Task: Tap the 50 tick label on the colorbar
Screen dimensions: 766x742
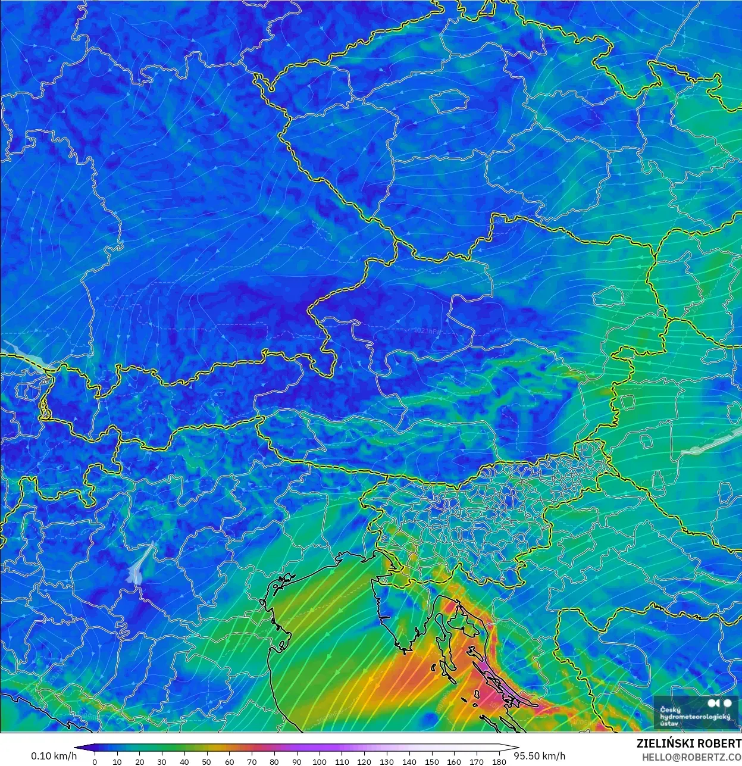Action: pyautogui.click(x=206, y=762)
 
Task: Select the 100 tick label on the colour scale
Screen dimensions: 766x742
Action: pyautogui.click(x=319, y=762)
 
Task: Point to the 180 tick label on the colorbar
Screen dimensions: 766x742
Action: pyautogui.click(x=499, y=762)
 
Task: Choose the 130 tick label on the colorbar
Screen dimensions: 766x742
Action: pyautogui.click(x=387, y=762)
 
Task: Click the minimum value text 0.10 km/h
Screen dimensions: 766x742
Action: pyautogui.click(x=54, y=756)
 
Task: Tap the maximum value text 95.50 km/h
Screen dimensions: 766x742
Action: pyautogui.click(x=540, y=756)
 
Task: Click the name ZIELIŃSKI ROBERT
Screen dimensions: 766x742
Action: pyautogui.click(x=688, y=744)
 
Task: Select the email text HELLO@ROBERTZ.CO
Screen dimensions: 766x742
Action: pyautogui.click(x=691, y=756)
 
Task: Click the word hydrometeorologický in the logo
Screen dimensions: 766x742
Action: pyautogui.click(x=694, y=717)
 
